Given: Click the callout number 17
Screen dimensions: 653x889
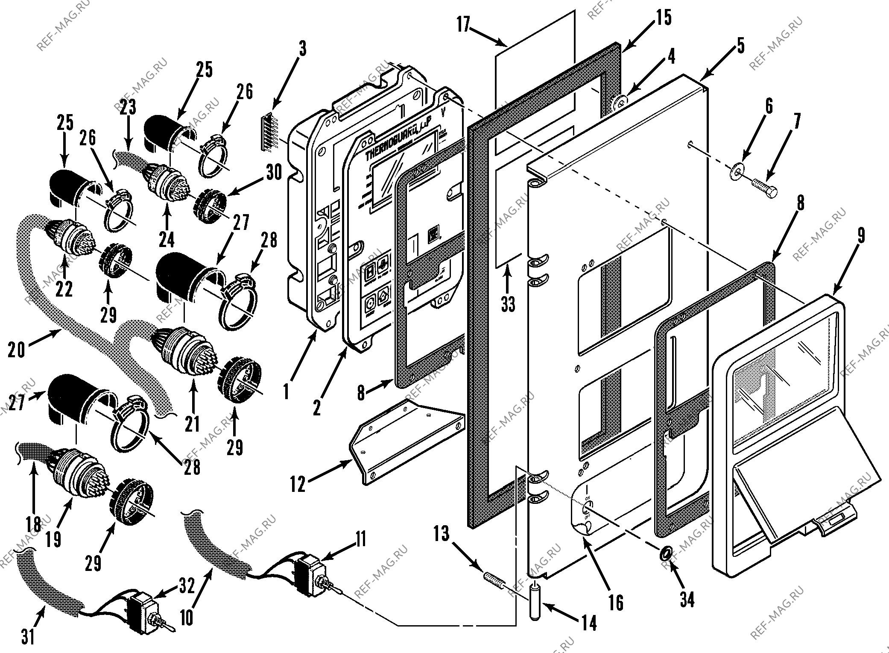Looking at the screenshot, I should coord(464,24).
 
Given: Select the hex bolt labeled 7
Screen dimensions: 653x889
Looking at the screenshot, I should coord(765,194).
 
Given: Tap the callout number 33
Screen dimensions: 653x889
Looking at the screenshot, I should coord(508,304).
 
